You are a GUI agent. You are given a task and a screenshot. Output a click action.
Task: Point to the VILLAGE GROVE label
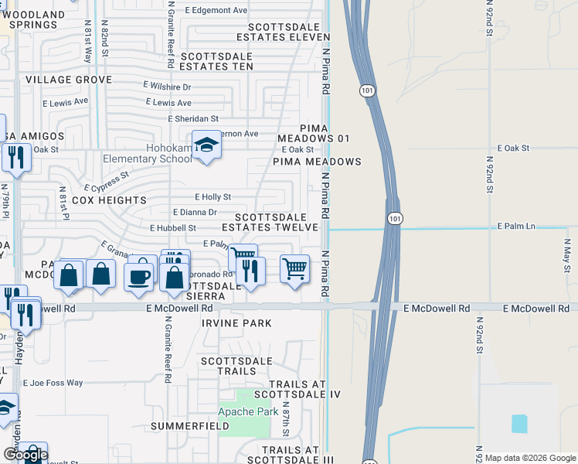pos(68,80)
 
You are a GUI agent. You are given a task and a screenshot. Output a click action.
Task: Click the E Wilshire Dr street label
pos(167,87)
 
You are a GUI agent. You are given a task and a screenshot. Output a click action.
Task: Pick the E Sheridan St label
pos(194,118)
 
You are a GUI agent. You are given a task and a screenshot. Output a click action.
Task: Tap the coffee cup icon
pos(139,276)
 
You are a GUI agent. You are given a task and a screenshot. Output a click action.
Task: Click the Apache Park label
pos(247,412)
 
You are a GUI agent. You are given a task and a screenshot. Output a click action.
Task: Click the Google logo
pos(25,455)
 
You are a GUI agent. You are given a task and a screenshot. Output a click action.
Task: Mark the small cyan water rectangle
pos(519,424)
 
